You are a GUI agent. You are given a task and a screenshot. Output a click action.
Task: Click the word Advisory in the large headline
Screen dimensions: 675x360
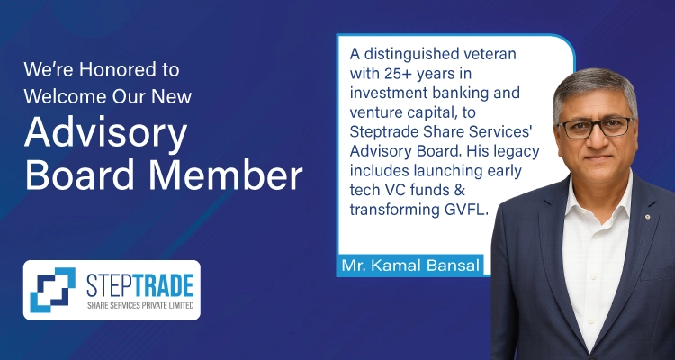(x=105, y=134)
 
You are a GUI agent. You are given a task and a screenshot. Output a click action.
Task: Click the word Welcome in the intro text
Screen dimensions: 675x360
(x=65, y=96)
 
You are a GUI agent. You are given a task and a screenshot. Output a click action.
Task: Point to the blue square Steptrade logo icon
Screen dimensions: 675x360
(x=52, y=290)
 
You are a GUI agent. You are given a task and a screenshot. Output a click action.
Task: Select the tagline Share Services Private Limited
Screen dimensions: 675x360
(x=140, y=305)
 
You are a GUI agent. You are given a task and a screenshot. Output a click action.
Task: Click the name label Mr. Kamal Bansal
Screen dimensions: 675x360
(x=409, y=265)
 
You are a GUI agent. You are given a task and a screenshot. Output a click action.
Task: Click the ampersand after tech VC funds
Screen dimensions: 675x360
(x=459, y=190)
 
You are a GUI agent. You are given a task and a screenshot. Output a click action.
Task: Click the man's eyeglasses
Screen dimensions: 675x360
(x=596, y=128)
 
